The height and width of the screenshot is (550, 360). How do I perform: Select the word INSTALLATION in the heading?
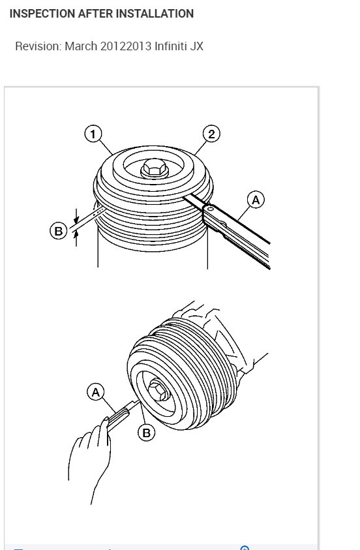[156, 14]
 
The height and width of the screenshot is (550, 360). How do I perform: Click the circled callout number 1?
[93, 134]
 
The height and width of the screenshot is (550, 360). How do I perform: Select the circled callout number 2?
[211, 134]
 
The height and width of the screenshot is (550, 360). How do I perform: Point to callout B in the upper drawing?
[58, 230]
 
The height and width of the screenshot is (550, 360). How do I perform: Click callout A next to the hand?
[96, 392]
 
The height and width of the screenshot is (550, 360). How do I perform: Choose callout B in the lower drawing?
[146, 433]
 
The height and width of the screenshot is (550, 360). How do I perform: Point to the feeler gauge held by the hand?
[121, 414]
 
